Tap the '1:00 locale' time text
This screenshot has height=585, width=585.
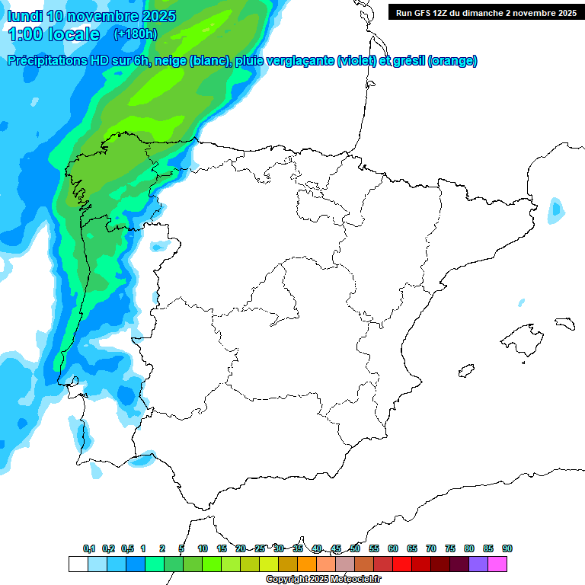(x=53, y=34)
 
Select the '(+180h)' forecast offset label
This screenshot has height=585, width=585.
(x=135, y=34)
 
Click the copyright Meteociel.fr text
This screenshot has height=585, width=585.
(x=323, y=580)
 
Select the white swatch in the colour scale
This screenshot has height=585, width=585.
(x=78, y=564)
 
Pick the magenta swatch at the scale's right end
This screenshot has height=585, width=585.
(x=497, y=564)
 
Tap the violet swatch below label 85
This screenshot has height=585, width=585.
(x=478, y=564)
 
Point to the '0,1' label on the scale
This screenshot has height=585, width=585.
(x=89, y=548)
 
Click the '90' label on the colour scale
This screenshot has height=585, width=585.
(x=507, y=548)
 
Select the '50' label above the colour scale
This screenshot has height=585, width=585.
(x=355, y=548)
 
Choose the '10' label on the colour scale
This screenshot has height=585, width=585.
(x=203, y=548)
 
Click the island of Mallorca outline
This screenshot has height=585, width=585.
(x=523, y=337)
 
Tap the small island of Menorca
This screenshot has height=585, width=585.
(x=564, y=322)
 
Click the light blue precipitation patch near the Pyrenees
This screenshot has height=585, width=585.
(x=557, y=209)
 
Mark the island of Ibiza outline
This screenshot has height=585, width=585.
(x=465, y=371)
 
